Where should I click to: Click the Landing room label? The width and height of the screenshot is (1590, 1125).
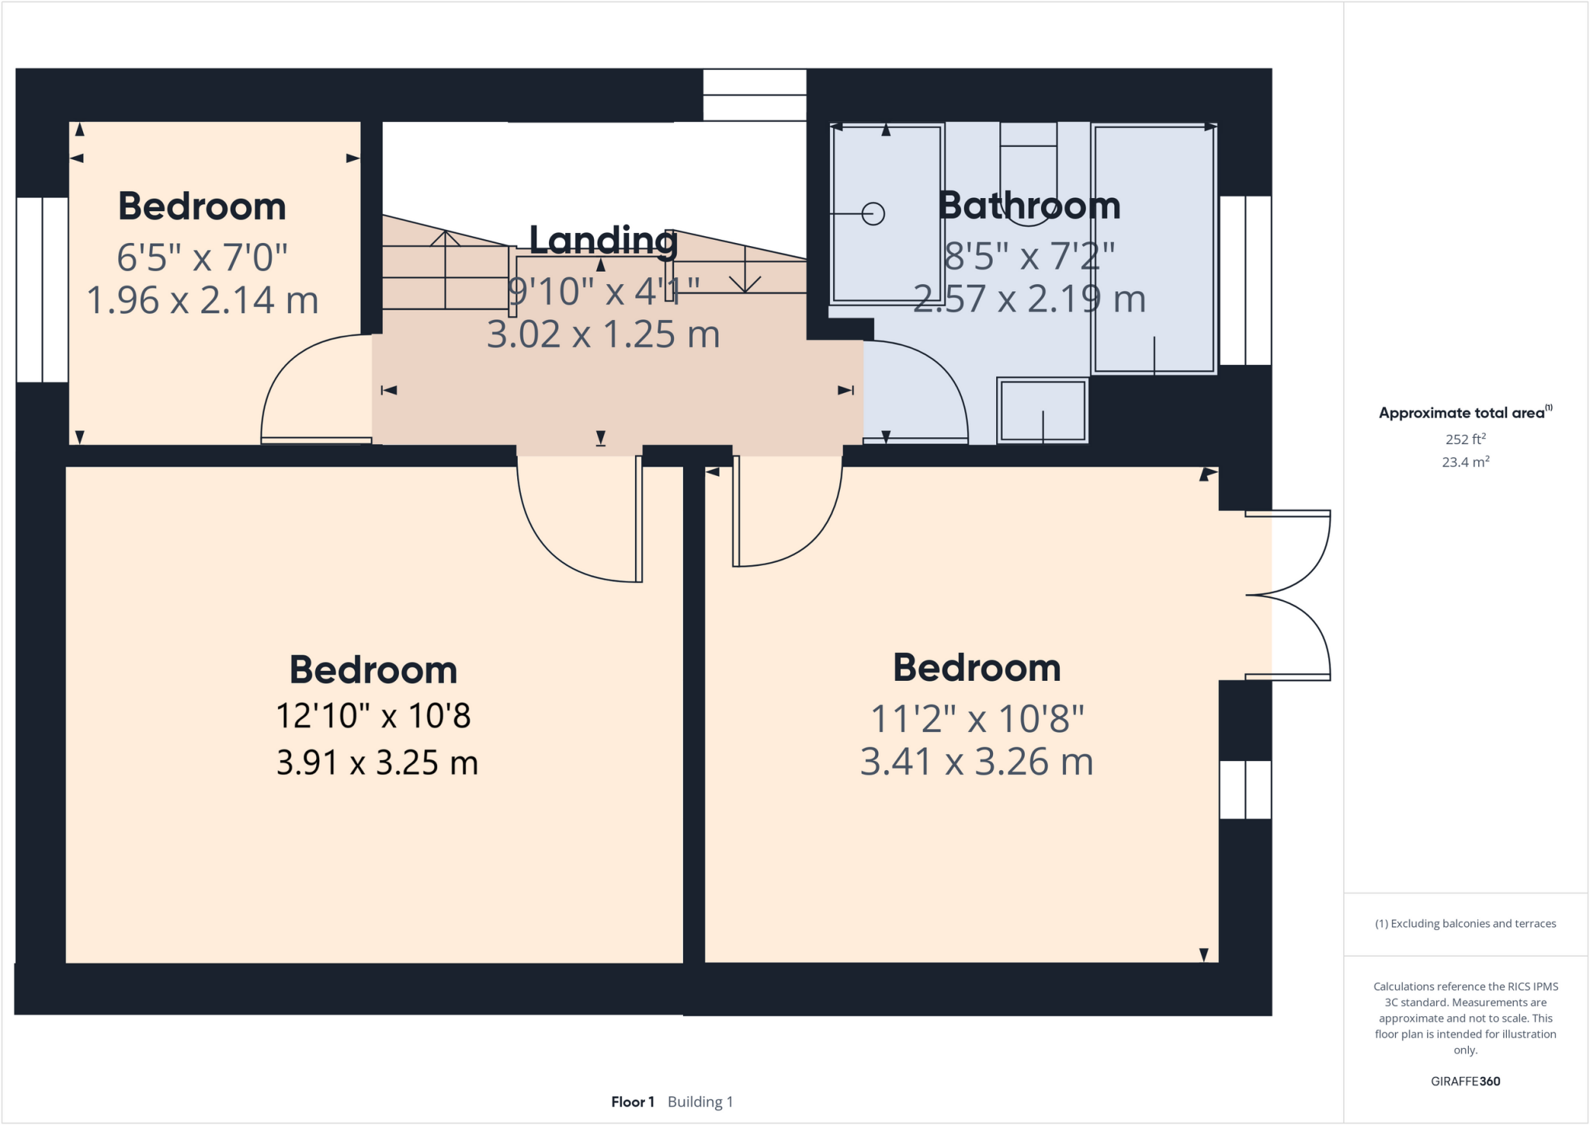[603, 241]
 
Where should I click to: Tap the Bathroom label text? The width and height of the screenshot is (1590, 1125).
[1029, 206]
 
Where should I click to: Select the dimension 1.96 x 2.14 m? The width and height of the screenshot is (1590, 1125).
[202, 300]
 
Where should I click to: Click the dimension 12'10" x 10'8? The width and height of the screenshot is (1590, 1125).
[373, 715]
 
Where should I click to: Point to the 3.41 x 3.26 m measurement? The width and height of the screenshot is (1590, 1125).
[977, 762]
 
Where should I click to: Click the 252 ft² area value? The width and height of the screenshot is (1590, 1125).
[1465, 439]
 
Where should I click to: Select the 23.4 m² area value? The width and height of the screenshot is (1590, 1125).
[1465, 462]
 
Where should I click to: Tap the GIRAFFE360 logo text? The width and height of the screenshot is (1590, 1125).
[1465, 1081]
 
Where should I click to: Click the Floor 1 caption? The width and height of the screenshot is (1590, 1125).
[632, 1102]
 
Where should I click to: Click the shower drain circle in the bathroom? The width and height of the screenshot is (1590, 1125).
[873, 214]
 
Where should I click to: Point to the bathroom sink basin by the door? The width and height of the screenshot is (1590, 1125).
[1042, 410]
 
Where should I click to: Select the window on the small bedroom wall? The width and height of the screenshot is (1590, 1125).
[43, 290]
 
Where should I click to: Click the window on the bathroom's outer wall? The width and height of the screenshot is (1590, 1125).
[1245, 280]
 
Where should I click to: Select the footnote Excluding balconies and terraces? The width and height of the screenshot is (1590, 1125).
[1465, 924]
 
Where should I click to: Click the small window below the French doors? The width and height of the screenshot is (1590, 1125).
[1245, 790]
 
